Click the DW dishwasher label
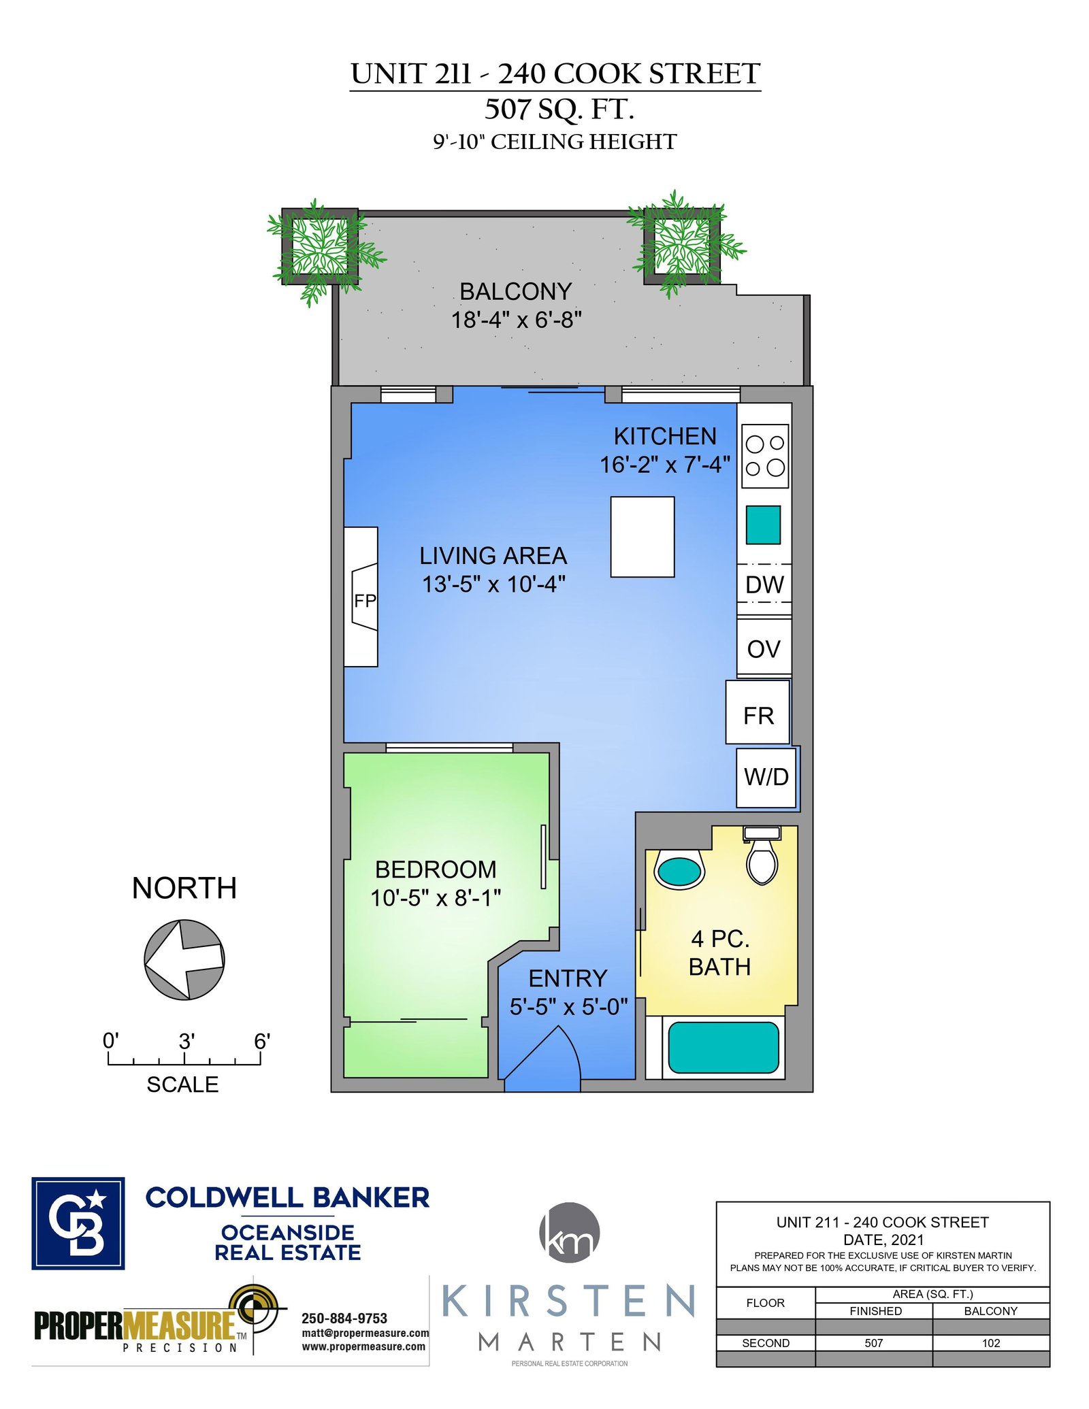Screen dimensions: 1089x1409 click(x=764, y=584)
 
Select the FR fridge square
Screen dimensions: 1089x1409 click(x=758, y=712)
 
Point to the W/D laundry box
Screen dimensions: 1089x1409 click(x=766, y=778)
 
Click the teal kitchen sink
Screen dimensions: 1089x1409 click(x=763, y=525)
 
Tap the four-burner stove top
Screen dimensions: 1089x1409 click(x=765, y=456)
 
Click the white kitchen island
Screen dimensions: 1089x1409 click(x=643, y=537)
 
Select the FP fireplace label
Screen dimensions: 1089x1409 click(x=365, y=601)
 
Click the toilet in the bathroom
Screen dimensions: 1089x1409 click(x=762, y=856)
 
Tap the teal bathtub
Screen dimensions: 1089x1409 click(x=724, y=1048)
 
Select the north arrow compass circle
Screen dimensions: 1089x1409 click(x=184, y=960)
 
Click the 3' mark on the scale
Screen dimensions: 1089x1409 click(x=185, y=1041)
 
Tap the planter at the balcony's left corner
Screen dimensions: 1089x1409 click(x=320, y=246)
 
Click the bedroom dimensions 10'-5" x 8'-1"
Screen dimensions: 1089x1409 click(x=436, y=898)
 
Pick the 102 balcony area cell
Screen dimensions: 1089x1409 click(x=991, y=1343)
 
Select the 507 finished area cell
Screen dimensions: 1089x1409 click(x=874, y=1343)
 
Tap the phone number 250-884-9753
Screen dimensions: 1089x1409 click(x=344, y=1319)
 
